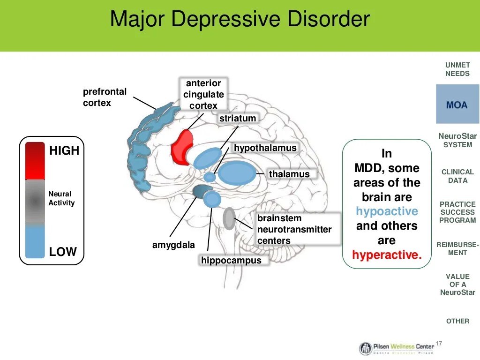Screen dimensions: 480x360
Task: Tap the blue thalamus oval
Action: (237, 173)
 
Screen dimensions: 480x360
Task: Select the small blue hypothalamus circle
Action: (210, 177)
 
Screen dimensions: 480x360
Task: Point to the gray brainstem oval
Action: (229, 218)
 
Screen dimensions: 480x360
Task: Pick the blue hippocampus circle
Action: (212, 199)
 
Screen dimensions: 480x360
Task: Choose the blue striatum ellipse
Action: (208, 158)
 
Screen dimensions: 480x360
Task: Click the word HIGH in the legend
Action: (64, 150)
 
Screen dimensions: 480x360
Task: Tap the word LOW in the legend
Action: (63, 252)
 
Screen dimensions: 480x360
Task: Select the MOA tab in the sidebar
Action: (457, 104)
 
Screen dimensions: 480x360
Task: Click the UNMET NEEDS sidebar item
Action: (457, 69)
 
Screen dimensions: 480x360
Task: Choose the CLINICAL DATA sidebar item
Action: (457, 176)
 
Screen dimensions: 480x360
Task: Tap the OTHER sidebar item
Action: (457, 321)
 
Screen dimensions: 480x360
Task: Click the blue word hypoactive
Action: (387, 211)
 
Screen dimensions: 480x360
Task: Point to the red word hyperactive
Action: (387, 255)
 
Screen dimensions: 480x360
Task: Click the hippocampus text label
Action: (231, 260)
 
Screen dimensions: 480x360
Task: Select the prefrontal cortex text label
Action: (105, 97)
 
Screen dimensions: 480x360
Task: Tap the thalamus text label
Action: (289, 174)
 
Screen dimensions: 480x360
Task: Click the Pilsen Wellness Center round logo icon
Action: (365, 348)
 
